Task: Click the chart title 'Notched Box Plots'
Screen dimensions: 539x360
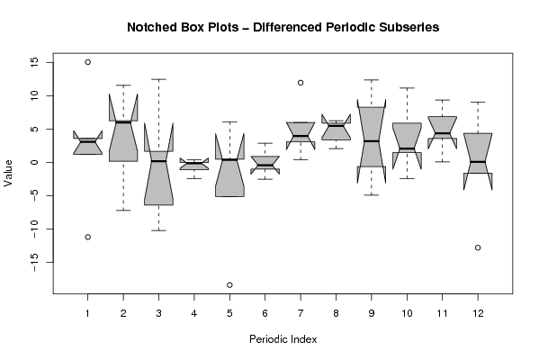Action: [183, 27]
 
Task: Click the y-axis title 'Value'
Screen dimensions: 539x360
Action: [8, 173]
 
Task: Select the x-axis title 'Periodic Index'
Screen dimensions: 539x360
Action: [283, 339]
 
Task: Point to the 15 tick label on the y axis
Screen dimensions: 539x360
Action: [34, 62]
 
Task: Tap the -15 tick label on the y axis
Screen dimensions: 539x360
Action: [34, 262]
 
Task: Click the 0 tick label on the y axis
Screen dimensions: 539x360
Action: [34, 162]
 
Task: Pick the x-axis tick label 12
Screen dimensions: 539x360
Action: [478, 313]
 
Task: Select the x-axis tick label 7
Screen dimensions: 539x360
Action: [301, 313]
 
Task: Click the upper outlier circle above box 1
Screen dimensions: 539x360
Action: [87, 62]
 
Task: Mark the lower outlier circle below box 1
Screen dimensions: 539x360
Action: [87, 237]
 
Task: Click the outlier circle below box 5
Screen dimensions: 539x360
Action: [229, 284]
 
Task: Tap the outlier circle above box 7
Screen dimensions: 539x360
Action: [301, 83]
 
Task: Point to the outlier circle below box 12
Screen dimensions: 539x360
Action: [478, 247]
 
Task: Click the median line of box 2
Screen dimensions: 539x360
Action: [123, 122]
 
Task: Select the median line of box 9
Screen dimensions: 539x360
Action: [372, 141]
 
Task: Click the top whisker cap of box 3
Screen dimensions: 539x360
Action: [158, 79]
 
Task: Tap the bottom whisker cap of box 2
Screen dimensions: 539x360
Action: [123, 210]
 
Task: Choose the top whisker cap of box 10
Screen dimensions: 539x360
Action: [407, 88]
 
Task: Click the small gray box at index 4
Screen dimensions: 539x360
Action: [194, 164]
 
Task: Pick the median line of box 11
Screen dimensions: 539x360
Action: [443, 133]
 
